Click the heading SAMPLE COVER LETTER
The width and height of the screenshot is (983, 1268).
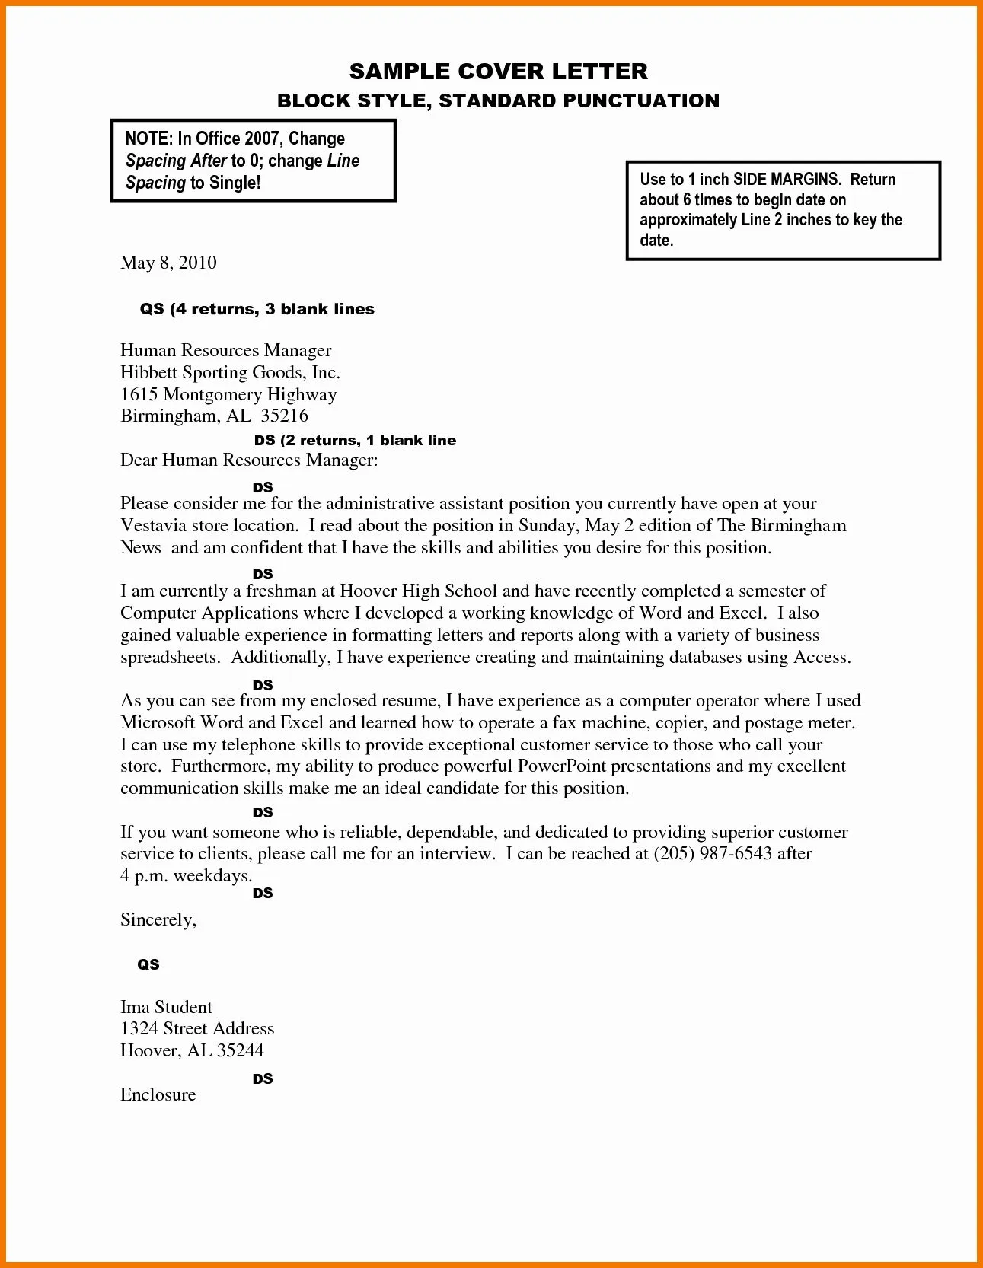(498, 72)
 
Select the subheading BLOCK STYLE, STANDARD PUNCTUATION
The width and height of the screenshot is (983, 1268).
(498, 100)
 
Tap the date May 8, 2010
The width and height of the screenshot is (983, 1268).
(168, 263)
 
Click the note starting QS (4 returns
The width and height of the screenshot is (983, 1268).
(257, 309)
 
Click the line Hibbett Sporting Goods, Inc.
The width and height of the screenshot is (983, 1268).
(230, 372)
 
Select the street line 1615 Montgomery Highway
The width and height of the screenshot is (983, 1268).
(228, 394)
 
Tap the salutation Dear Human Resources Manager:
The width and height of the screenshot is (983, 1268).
(249, 460)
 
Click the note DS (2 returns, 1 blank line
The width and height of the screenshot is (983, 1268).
(355, 440)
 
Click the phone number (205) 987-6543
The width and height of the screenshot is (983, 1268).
(713, 853)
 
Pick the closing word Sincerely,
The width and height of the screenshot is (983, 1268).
(158, 919)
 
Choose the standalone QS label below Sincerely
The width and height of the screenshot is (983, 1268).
(148, 964)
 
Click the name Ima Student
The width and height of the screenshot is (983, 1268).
(166, 1007)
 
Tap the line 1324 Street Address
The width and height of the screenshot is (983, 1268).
(197, 1028)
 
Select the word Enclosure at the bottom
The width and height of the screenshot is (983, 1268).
(158, 1094)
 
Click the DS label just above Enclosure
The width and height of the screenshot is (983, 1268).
(263, 1078)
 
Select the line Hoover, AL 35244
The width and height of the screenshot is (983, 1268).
(192, 1050)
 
